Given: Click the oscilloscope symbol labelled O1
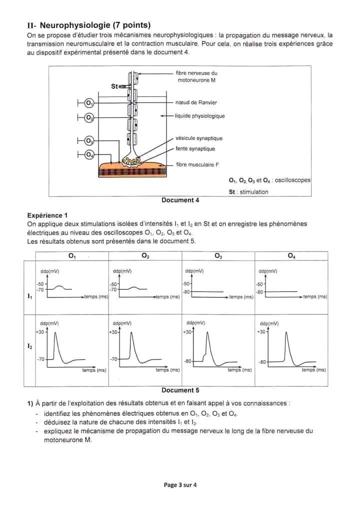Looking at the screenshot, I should click(89, 103).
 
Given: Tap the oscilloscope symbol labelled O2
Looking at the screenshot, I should click(89, 117).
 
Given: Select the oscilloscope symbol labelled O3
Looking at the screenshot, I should click(89, 140).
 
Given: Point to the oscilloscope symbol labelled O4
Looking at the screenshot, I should click(89, 154).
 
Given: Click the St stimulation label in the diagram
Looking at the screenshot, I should click(114, 86).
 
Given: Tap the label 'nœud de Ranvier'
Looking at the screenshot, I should click(196, 102).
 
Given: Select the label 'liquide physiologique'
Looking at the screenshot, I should click(199, 116).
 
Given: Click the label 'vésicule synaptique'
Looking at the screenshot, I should click(199, 138).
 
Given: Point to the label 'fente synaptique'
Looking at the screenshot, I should click(195, 148).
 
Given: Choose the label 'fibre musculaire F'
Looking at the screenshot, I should click(197, 164).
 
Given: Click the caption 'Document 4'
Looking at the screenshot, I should click(180, 200).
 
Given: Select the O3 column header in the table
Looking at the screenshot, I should click(218, 256).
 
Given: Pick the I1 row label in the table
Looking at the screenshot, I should click(29, 296).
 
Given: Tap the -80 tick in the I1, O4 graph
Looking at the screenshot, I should click(259, 292).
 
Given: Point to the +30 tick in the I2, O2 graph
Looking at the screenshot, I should click(113, 332).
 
